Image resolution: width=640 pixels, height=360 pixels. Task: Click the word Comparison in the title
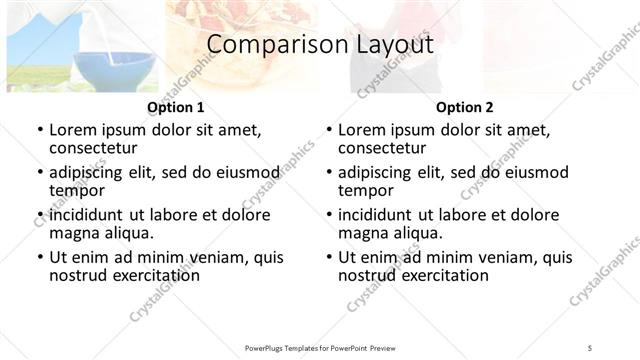[262, 45]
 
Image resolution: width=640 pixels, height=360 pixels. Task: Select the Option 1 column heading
[176, 107]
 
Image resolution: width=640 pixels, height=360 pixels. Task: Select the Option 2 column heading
[465, 107]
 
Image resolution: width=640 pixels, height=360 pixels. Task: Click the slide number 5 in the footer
[590, 348]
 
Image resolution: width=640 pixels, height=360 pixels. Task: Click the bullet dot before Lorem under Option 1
[39, 131]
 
